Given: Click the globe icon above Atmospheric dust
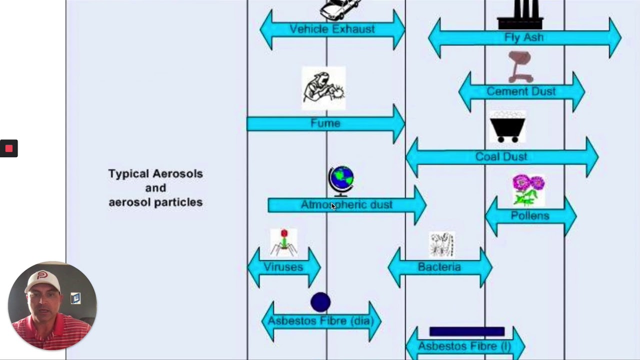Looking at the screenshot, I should point(341,180).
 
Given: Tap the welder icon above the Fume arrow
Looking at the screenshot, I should point(323,88).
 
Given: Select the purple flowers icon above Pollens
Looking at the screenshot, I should point(528,189).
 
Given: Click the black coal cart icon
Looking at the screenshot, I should point(507,127).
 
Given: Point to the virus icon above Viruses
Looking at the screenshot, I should point(283,242).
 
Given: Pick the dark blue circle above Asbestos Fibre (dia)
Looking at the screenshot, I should point(320,302).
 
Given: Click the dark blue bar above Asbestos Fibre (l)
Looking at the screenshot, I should point(466,331).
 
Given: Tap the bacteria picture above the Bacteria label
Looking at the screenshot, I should point(441,244).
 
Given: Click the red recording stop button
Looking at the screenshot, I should point(8,148).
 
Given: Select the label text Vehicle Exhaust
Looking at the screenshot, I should point(332,29).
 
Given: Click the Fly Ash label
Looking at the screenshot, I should point(523,37).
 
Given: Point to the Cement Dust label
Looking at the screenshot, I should point(521,91).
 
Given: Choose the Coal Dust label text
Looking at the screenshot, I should point(501,156).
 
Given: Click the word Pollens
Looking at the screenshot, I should point(530,215).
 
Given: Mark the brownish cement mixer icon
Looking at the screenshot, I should point(520,67).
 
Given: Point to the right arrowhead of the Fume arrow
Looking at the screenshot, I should point(398,123).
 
